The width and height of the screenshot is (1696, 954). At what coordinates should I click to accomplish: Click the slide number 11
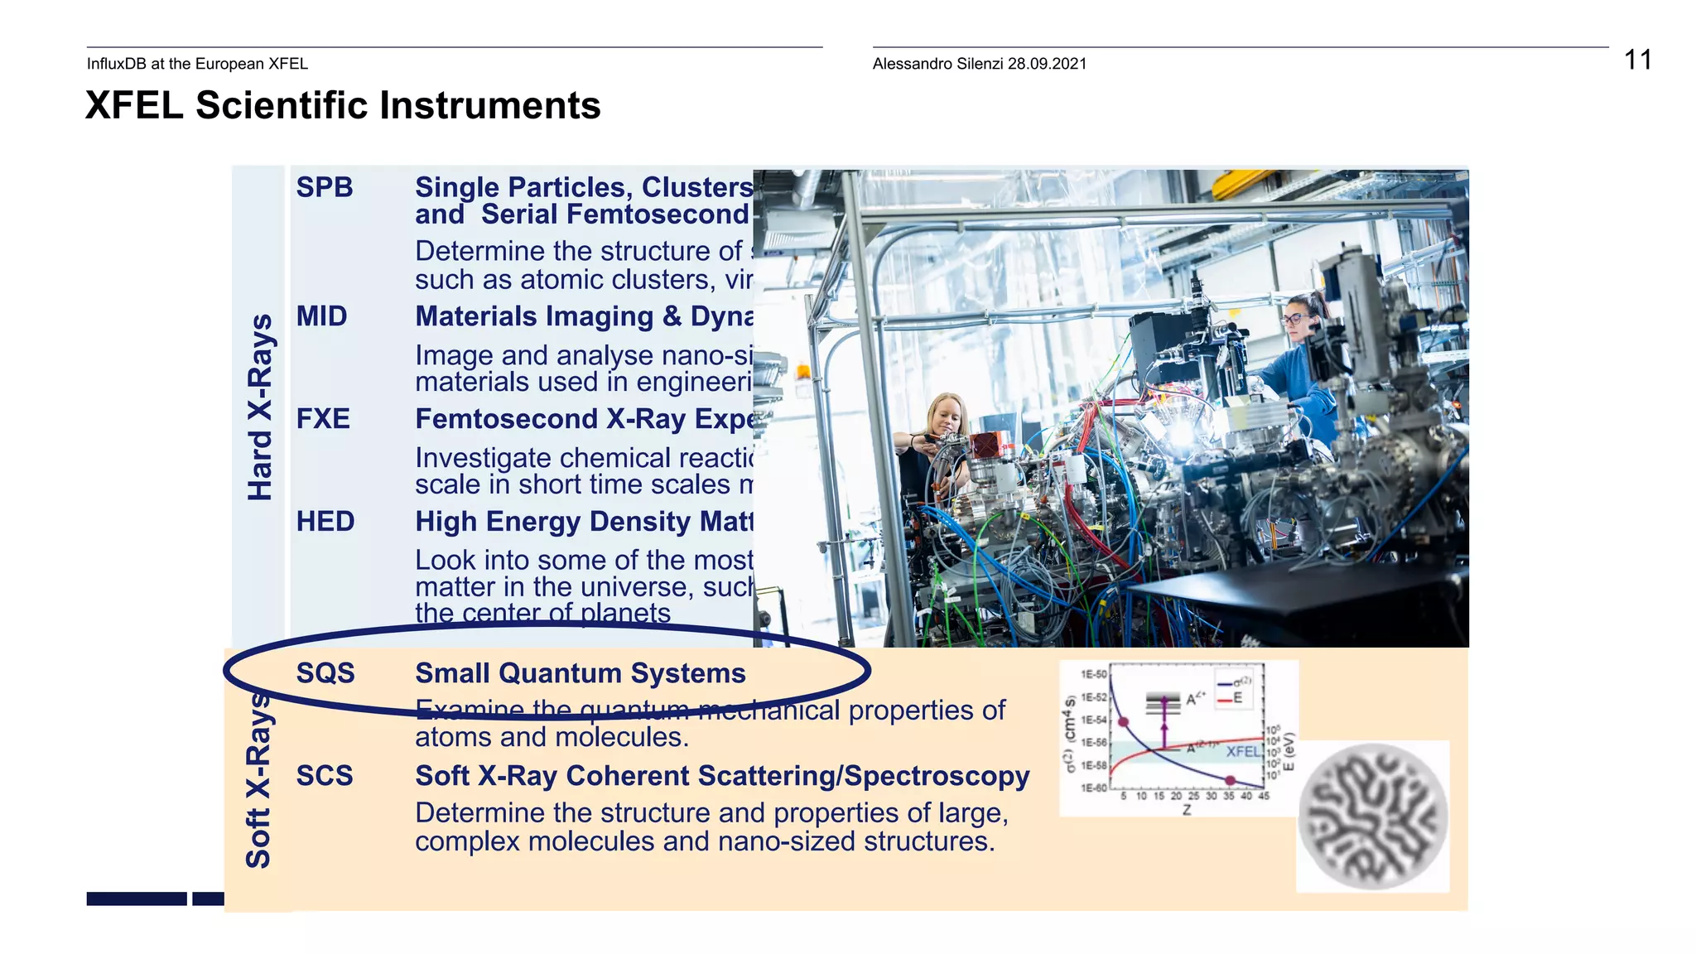pyautogui.click(x=1637, y=60)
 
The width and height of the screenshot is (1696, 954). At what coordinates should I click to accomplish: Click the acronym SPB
pyautogui.click(x=325, y=187)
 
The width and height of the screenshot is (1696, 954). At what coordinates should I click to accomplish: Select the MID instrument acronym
pyautogui.click(x=322, y=316)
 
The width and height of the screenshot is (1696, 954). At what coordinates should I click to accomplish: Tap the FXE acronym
pyautogui.click(x=323, y=419)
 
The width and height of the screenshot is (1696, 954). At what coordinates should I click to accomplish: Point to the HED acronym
pyautogui.click(x=325, y=522)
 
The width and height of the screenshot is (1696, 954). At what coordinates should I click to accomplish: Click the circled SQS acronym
pyautogui.click(x=325, y=673)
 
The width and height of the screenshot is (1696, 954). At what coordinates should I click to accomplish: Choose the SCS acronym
pyautogui.click(x=325, y=776)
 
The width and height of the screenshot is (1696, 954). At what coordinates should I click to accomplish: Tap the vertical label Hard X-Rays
pyautogui.click(x=260, y=407)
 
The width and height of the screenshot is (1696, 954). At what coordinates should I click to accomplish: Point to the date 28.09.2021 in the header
pyautogui.click(x=1047, y=64)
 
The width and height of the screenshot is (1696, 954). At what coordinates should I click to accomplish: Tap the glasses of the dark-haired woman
pyautogui.click(x=1294, y=318)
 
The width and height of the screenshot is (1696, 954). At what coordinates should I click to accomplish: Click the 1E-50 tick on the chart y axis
pyautogui.click(x=1093, y=675)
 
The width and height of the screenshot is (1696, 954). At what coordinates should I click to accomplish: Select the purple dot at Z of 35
pyautogui.click(x=1231, y=780)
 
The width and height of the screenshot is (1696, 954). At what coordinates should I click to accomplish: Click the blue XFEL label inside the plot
pyautogui.click(x=1242, y=751)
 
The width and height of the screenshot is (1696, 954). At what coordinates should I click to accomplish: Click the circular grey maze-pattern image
pyautogui.click(x=1373, y=817)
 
